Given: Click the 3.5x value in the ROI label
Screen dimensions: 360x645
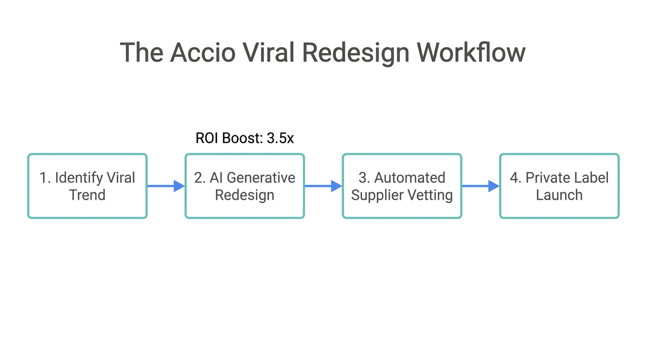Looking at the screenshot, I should [x=280, y=138].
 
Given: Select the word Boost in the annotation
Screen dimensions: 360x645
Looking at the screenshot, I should [x=243, y=138].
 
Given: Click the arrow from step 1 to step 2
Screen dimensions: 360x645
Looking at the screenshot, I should [x=166, y=186].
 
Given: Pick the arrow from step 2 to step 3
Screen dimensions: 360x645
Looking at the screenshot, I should [x=323, y=186].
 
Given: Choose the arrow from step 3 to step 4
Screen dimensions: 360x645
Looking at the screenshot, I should [x=480, y=186].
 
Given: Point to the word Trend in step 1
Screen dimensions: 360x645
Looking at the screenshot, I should [x=87, y=195].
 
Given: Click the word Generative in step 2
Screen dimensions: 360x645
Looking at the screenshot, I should [x=261, y=178].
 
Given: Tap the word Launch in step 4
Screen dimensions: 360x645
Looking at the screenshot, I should [x=559, y=195].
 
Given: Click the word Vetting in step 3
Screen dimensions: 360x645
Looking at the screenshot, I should [x=432, y=195].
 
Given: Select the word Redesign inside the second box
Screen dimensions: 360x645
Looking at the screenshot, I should [x=245, y=195].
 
